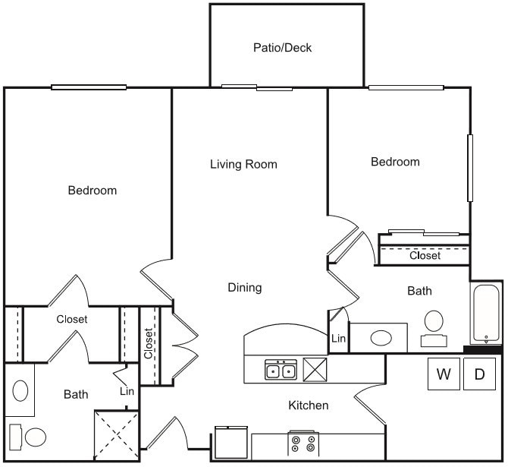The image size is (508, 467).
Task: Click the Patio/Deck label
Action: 282,48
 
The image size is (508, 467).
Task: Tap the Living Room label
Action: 243,164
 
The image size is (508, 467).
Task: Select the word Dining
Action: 244,287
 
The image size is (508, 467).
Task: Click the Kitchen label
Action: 308,405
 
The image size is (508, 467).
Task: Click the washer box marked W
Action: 444,374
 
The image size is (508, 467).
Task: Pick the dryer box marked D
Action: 479,374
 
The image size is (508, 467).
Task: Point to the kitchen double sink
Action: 281,371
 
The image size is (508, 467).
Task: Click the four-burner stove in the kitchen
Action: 303,442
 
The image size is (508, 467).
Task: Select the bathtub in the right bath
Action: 485,313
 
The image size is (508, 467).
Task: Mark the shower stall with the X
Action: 116,434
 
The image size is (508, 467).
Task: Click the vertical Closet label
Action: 149,342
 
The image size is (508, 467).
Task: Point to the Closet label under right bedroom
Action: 425,256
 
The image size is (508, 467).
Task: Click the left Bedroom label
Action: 93,190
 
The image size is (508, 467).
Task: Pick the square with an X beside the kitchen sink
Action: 314,369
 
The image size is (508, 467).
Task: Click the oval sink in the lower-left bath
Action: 20,390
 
